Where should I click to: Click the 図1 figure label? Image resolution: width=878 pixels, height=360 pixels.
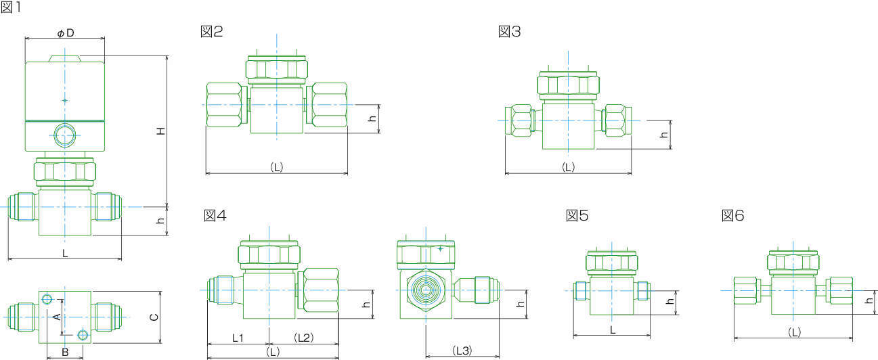11,7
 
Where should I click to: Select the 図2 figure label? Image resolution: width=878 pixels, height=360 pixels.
212,32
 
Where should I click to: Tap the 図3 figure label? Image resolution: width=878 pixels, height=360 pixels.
509,32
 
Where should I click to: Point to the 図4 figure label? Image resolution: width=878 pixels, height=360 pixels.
215,215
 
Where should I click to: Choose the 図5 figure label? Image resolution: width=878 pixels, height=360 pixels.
577,215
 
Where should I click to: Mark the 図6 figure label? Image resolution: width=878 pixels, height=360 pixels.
732,215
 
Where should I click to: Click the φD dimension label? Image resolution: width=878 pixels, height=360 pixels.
66,33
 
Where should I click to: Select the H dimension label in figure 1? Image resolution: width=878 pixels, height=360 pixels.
161,131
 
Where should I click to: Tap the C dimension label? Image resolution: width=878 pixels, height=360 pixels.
154,317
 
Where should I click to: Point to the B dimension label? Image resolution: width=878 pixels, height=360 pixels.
65,352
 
